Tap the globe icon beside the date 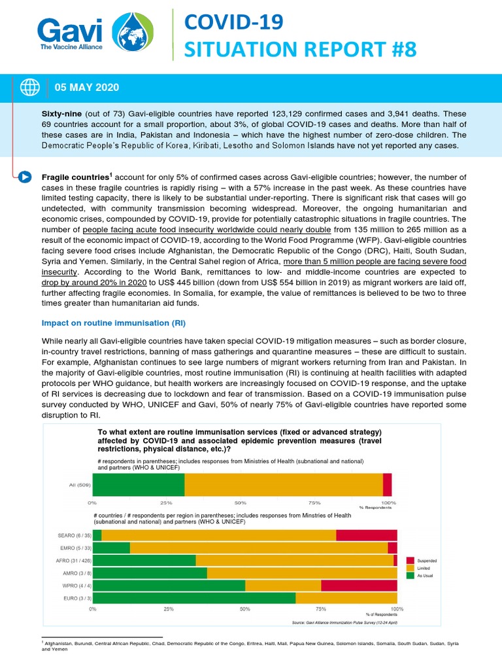tap(30, 87)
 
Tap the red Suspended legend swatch tap(410, 561)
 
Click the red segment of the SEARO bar tap(366, 535)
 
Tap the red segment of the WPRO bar tap(359, 585)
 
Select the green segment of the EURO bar tap(194, 597)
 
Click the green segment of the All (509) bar tap(139, 485)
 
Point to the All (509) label tap(80, 485)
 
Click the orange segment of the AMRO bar tap(301, 573)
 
